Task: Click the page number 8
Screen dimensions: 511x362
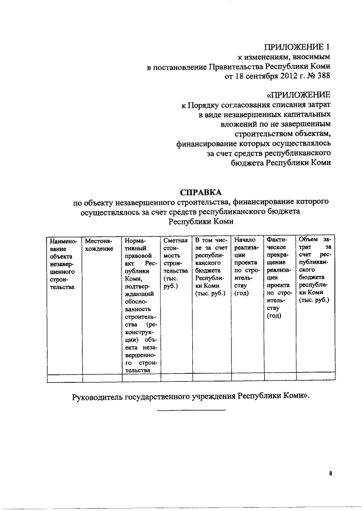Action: pos(330,474)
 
